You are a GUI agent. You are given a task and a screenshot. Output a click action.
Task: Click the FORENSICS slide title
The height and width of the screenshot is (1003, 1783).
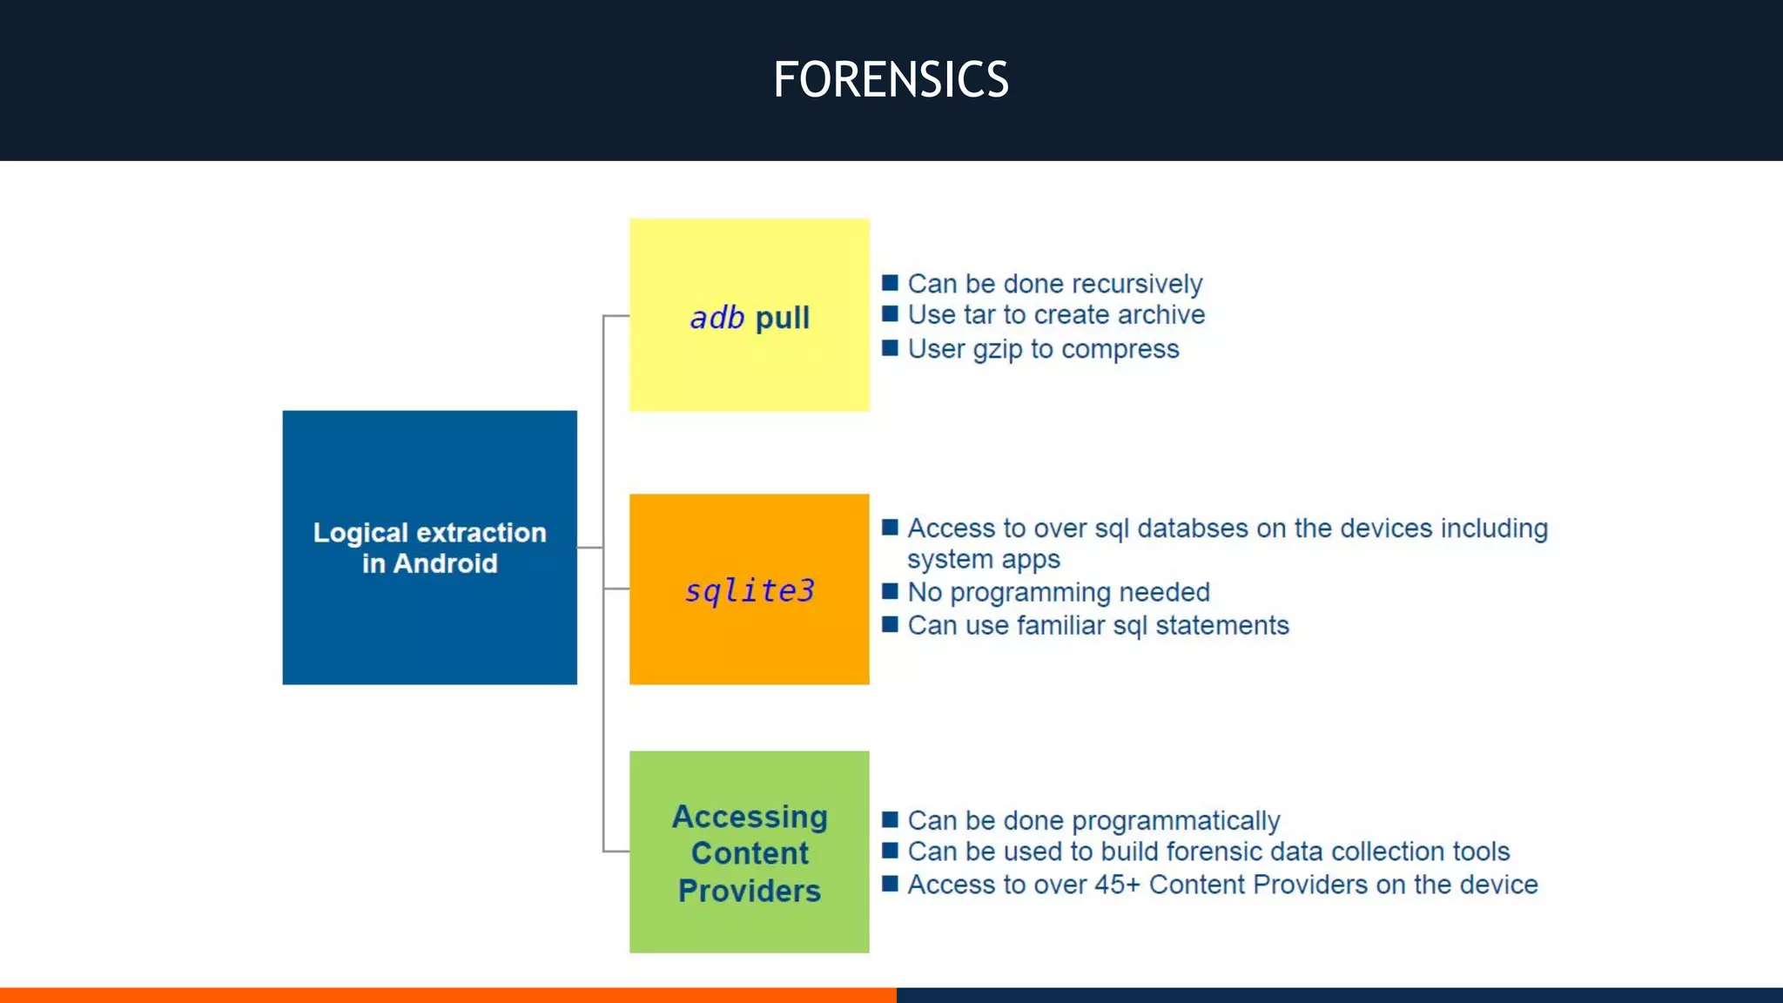(891, 80)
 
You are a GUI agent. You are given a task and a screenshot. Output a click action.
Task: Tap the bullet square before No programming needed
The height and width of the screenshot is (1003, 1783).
(890, 592)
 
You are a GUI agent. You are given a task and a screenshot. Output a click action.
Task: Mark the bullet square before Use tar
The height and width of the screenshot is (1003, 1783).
(890, 314)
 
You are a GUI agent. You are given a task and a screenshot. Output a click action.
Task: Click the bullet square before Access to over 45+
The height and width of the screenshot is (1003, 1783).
(890, 884)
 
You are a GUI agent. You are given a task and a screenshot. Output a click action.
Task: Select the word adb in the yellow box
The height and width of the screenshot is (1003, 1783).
(717, 318)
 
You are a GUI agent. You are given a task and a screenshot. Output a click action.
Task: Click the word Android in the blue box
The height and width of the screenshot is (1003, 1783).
(445, 564)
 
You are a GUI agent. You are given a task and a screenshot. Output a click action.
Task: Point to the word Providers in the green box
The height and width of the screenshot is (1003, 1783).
(749, 892)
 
